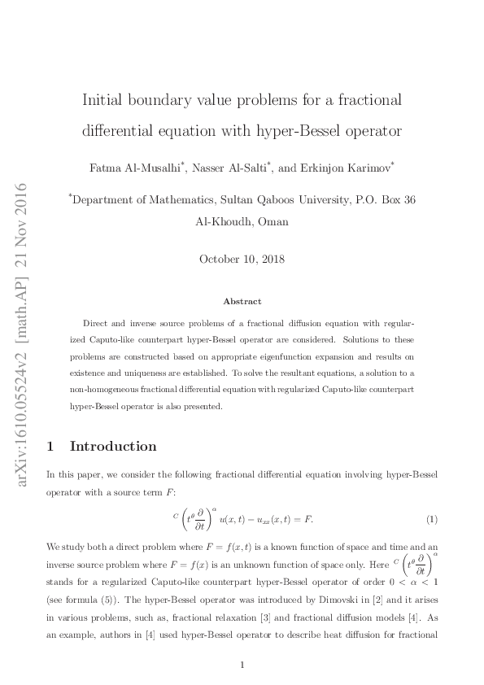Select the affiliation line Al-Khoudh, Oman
tap(242, 221)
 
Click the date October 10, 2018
tap(242, 260)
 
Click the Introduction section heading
tap(112, 446)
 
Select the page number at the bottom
tap(242, 665)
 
